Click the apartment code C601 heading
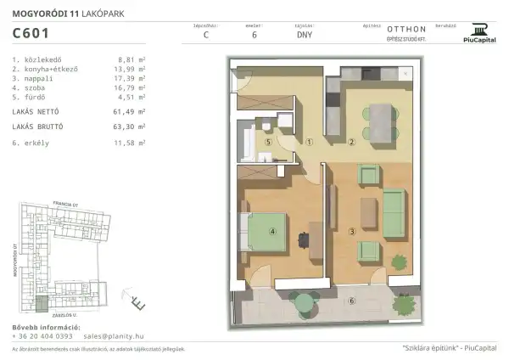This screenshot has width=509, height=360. [x=31, y=34]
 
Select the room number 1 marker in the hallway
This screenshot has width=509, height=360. [x=310, y=143]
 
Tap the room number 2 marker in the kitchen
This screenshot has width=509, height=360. [x=351, y=142]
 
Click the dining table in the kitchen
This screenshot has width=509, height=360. [x=378, y=115]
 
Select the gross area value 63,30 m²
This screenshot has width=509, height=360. [x=130, y=126]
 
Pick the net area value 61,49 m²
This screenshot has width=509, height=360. [x=130, y=111]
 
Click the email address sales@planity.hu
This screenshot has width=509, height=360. [x=122, y=336]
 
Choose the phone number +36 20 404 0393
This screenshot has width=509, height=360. [x=48, y=336]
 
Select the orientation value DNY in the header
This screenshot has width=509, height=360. [x=304, y=37]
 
